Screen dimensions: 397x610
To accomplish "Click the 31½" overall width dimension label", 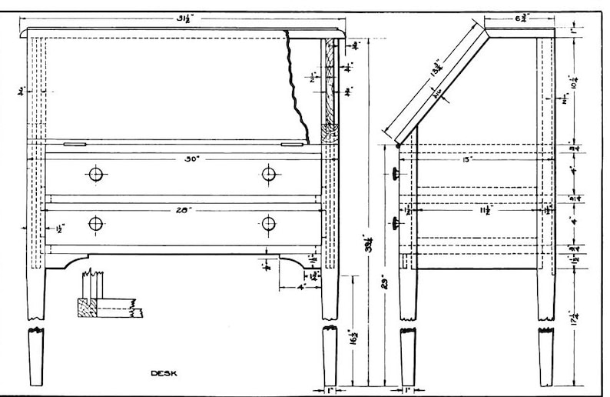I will click(x=183, y=19).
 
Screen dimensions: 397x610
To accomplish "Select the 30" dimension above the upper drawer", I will click(x=191, y=159).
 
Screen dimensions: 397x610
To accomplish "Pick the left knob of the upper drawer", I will click(x=96, y=174).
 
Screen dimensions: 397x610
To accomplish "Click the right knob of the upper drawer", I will click(x=268, y=174).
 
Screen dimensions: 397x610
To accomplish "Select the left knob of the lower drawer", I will click(x=96, y=224).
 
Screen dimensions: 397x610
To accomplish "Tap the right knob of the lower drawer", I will click(x=268, y=224).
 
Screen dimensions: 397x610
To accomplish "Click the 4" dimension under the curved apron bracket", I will click(x=302, y=288).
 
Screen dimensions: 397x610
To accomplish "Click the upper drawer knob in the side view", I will click(x=396, y=175).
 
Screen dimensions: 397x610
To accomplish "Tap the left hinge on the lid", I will click(x=74, y=142).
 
